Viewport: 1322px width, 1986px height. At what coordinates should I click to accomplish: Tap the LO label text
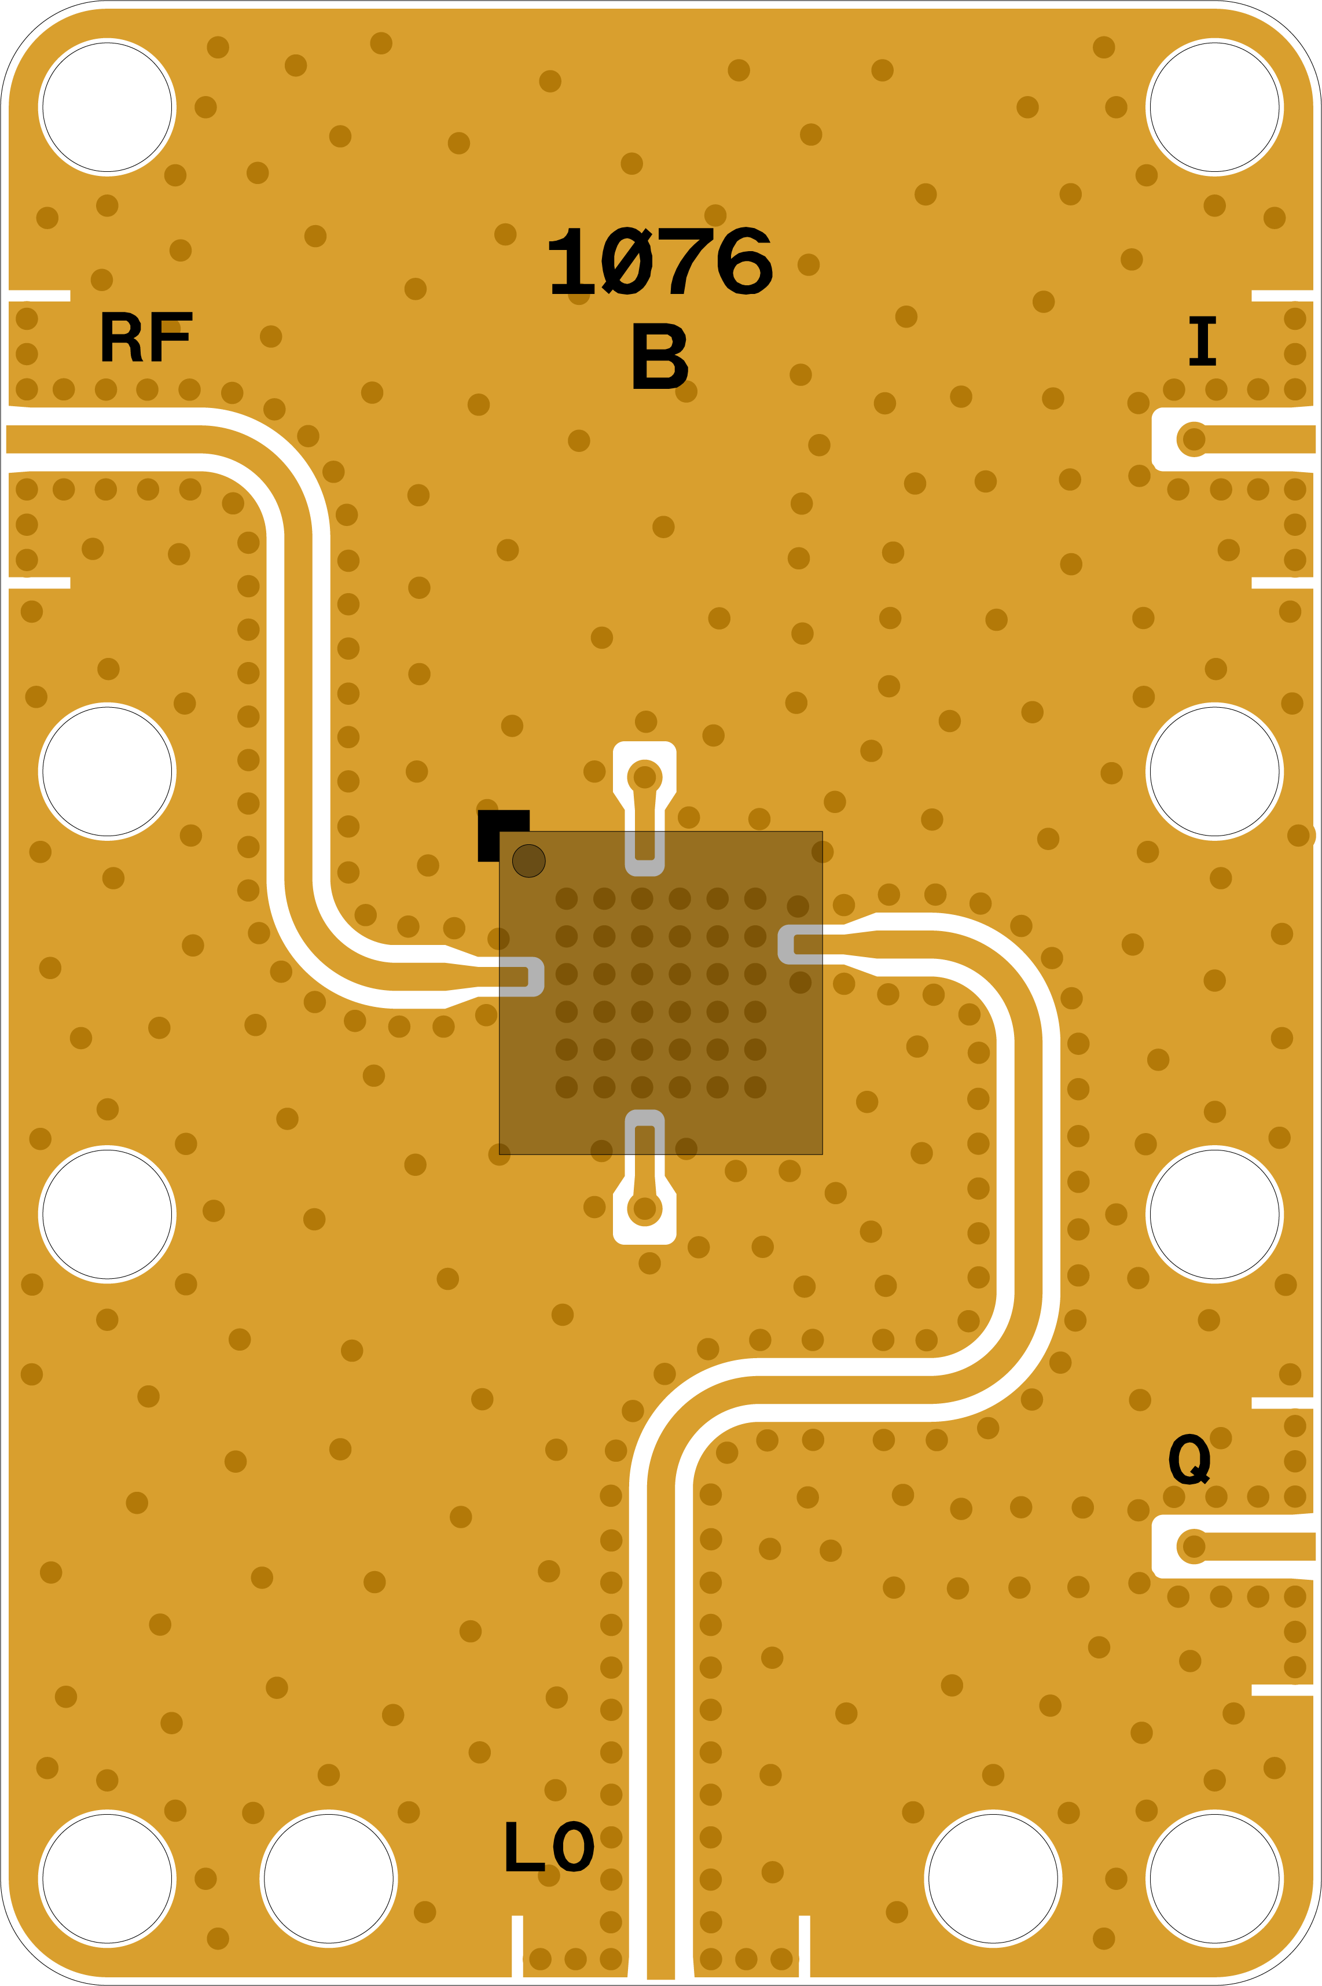549,1848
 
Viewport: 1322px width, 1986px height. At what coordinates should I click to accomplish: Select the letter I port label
1202,341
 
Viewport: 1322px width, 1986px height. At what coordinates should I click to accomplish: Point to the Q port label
1189,1459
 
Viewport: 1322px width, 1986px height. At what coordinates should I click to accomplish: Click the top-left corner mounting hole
107,107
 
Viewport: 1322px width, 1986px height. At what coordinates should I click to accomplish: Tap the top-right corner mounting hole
1214,107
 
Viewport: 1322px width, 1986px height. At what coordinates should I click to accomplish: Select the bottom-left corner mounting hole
107,1879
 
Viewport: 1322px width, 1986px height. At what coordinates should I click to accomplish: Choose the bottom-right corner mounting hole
1214,1879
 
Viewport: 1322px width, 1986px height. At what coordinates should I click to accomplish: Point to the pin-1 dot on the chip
528,860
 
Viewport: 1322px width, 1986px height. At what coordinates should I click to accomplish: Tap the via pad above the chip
644,775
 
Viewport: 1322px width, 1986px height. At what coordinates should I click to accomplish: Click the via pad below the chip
644,1209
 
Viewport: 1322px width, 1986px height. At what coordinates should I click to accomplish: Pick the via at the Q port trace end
1193,1546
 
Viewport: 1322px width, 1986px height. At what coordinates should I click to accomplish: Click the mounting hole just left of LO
328,1879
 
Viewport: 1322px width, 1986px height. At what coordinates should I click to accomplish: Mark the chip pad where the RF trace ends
523,977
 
